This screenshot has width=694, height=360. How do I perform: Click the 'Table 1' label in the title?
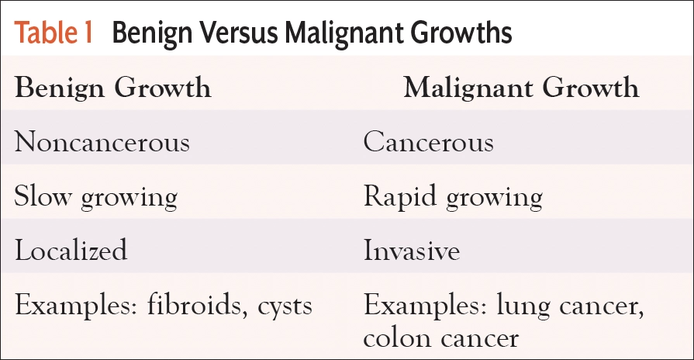coord(54,33)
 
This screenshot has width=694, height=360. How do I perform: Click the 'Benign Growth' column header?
coord(112,88)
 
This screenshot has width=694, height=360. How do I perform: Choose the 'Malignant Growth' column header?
coord(521,88)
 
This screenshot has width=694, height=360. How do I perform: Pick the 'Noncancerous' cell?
coord(102,143)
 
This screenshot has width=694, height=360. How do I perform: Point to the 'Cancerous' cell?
coord(428,143)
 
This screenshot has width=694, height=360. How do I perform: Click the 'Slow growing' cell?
coord(95,198)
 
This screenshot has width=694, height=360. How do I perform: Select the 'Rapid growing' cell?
coord(453,198)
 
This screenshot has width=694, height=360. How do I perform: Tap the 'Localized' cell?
coord(71,251)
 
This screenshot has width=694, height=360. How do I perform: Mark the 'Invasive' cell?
coord(411,251)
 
